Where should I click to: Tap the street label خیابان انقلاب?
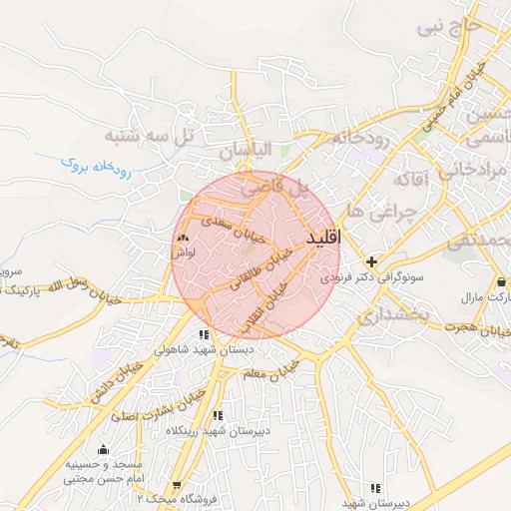click(x=268, y=301)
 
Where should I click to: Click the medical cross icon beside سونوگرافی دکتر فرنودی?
click(x=372, y=260)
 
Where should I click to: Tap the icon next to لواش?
click(x=183, y=240)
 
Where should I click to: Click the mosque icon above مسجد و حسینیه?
click(x=103, y=449)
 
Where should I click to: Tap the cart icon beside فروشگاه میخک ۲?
click(x=177, y=485)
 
